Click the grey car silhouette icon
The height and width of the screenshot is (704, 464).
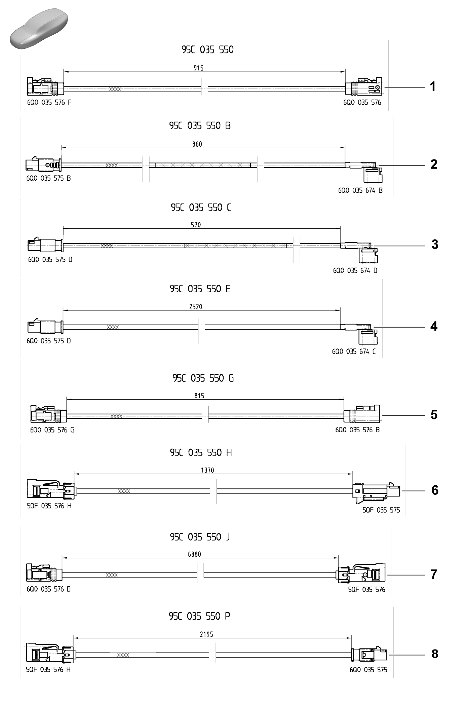pyautogui.click(x=39, y=29)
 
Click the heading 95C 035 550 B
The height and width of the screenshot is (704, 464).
pyautogui.click(x=200, y=126)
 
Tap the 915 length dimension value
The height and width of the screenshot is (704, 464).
pyautogui.click(x=198, y=68)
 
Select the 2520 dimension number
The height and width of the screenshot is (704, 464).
pyautogui.click(x=196, y=306)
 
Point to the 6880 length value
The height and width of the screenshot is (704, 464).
pyautogui.click(x=194, y=554)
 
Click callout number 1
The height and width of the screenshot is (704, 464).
pyautogui.click(x=433, y=87)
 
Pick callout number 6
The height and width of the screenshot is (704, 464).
pyautogui.click(x=435, y=490)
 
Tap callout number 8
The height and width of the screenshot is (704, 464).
pyautogui.click(x=435, y=654)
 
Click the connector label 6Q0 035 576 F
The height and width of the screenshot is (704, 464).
pyautogui.click(x=49, y=103)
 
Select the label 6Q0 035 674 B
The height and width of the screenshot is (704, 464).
pyautogui.click(x=360, y=190)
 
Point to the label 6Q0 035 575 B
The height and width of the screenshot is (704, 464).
pyautogui.click(x=48, y=178)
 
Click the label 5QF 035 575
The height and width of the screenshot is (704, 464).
pyautogui.click(x=381, y=510)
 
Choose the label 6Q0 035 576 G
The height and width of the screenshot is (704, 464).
pyautogui.click(x=52, y=430)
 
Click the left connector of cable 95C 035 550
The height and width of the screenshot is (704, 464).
pyautogui.click(x=45, y=86)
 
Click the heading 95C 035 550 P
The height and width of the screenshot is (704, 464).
pyautogui.click(x=199, y=616)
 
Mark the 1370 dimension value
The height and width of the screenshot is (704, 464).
pyautogui.click(x=207, y=470)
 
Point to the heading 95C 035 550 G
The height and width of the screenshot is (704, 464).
pyautogui.click(x=203, y=378)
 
